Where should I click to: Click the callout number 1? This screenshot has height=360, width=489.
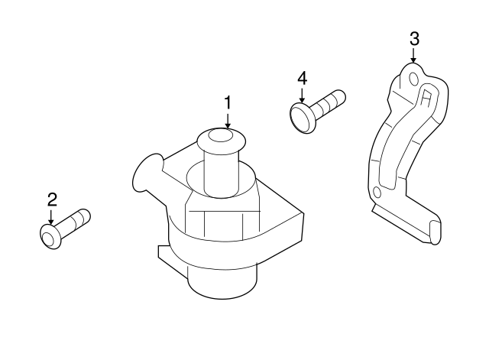(x=227, y=101)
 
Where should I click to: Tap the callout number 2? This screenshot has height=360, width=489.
(x=52, y=200)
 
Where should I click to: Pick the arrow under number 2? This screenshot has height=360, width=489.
(x=52, y=217)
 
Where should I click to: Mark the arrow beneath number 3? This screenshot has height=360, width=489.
(x=414, y=55)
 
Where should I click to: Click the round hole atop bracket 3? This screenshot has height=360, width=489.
(x=413, y=78)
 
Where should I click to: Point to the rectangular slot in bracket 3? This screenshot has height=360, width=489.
(x=426, y=96)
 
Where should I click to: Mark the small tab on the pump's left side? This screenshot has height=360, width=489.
(x=163, y=251)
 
